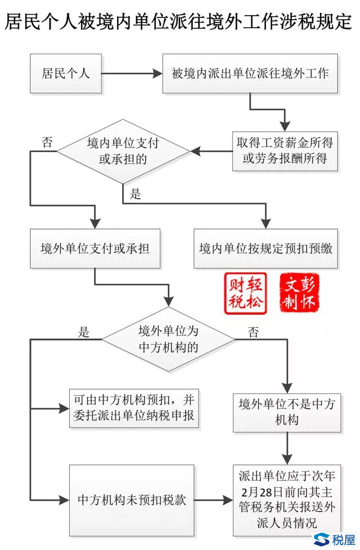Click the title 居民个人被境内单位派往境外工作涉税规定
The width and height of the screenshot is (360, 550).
click(179, 21)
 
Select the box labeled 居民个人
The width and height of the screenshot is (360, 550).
click(66, 73)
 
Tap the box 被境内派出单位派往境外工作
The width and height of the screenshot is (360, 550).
click(250, 73)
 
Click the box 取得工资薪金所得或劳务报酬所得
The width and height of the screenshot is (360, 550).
click(285, 151)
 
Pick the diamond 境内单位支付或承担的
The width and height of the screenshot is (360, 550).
click(123, 151)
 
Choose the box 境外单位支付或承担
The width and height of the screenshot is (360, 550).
click(95, 248)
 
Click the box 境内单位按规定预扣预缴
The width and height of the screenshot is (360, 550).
click(265, 248)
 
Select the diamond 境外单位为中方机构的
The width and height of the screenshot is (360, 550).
click(168, 339)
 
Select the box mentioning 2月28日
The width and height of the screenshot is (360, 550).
click(287, 499)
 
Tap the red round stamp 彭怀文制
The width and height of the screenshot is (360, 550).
click(299, 293)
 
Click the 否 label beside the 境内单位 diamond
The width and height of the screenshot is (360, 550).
click(48, 142)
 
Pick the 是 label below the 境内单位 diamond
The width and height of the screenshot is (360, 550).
click(136, 194)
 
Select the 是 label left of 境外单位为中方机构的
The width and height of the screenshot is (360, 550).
click(84, 332)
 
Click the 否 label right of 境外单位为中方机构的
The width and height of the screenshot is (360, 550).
click(254, 332)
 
